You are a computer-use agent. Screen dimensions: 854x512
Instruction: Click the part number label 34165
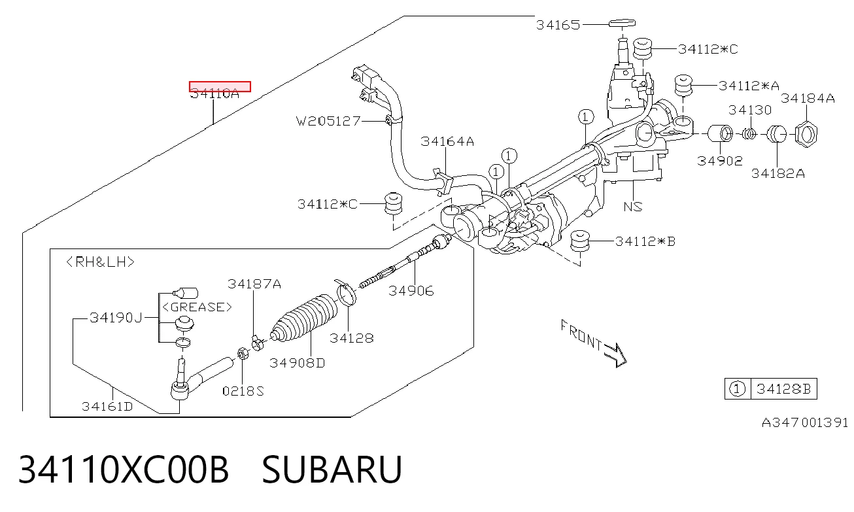(558, 25)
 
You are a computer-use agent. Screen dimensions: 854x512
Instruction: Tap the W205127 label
(328, 121)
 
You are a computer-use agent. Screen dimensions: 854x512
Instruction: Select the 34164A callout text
(447, 141)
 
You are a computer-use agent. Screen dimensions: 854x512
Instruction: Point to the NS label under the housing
(633, 207)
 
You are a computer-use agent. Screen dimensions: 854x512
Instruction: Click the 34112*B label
(645, 241)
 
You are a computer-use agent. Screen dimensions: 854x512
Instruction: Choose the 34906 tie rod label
(411, 291)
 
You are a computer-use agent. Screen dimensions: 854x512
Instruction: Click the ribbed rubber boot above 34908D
(305, 318)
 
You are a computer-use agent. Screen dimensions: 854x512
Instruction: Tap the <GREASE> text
(197, 307)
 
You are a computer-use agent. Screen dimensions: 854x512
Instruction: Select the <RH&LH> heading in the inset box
(101, 262)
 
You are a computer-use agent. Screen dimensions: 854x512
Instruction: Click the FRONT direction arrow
(615, 354)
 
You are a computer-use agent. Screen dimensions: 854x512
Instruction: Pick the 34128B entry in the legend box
(783, 389)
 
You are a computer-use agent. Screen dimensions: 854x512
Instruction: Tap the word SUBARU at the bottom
(332, 469)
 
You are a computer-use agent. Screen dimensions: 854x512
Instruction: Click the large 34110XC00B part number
(124, 469)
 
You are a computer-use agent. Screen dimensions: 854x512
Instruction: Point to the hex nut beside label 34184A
(806, 134)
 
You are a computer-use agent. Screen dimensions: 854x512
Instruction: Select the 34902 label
(720, 161)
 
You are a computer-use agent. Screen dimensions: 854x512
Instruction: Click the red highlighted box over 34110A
(220, 86)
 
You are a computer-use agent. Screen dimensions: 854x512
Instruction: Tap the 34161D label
(107, 407)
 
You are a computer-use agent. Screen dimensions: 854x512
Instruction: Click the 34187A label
(254, 284)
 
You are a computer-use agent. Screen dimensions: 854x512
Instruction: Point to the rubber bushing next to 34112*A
(683, 86)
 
